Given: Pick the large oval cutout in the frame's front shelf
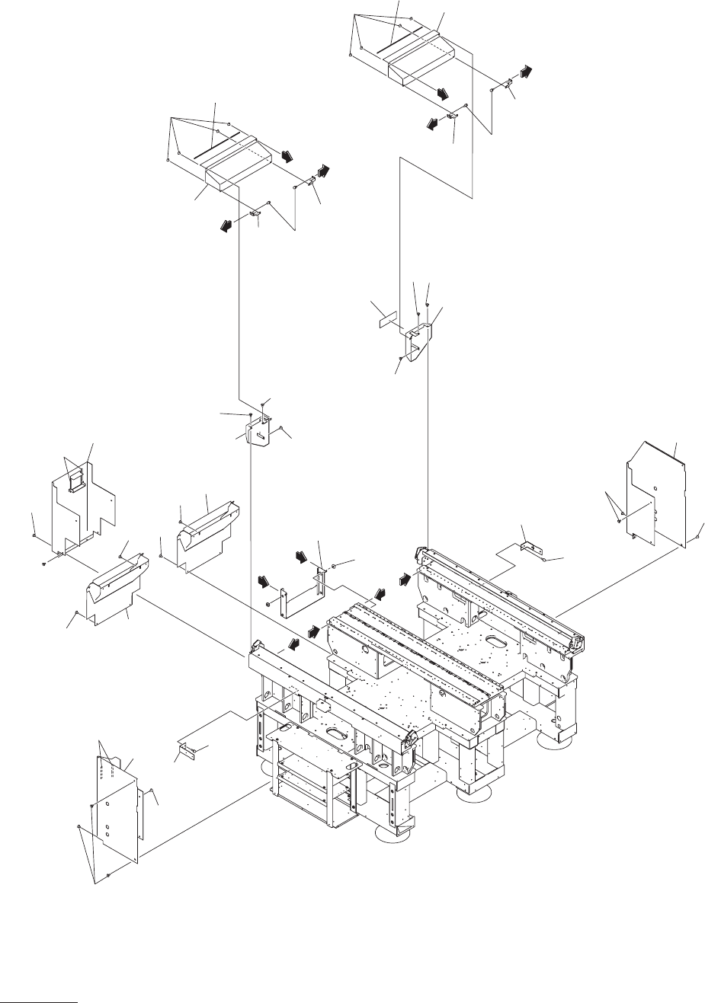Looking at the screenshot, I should [x=337, y=733].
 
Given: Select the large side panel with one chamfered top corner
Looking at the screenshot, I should [x=655, y=490].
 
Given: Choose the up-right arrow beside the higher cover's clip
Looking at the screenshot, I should [x=525, y=71].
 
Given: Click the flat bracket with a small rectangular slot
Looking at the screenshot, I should [x=259, y=433].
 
